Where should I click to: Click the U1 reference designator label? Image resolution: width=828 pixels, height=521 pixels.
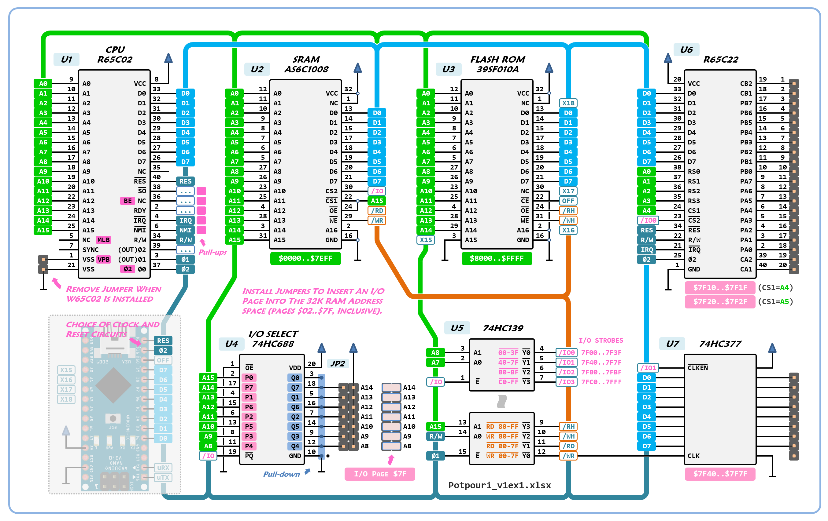click(x=66, y=60)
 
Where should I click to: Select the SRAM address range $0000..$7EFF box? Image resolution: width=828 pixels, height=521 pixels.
click(x=305, y=258)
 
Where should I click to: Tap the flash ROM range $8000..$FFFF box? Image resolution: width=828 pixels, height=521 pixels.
click(x=497, y=258)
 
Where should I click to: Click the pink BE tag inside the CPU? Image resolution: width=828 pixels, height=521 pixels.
click(x=127, y=201)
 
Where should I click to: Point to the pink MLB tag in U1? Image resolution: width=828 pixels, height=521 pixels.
click(x=103, y=240)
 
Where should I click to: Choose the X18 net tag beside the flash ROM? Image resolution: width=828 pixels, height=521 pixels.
click(x=568, y=103)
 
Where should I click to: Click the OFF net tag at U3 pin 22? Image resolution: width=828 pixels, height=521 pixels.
click(x=568, y=201)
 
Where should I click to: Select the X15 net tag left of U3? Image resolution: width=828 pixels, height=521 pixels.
click(x=426, y=240)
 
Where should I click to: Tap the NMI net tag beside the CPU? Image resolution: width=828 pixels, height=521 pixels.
click(x=185, y=230)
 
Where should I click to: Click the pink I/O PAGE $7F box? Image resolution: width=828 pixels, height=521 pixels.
click(x=380, y=474)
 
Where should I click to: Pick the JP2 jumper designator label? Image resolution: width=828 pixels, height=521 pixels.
click(x=338, y=363)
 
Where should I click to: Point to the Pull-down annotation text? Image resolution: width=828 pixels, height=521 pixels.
click(x=281, y=474)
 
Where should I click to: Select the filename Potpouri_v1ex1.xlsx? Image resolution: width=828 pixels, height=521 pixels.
click(x=499, y=485)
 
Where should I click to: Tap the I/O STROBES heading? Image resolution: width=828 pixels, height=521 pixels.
click(x=601, y=340)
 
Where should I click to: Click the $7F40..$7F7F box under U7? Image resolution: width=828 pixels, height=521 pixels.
click(x=720, y=474)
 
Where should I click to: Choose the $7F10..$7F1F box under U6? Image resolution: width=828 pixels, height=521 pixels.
click(x=720, y=287)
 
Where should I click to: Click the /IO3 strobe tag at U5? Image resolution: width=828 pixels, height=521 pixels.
click(x=566, y=382)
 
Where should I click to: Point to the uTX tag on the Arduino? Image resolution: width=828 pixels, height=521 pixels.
click(x=163, y=477)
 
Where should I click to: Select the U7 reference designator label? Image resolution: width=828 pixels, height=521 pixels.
click(x=672, y=344)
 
